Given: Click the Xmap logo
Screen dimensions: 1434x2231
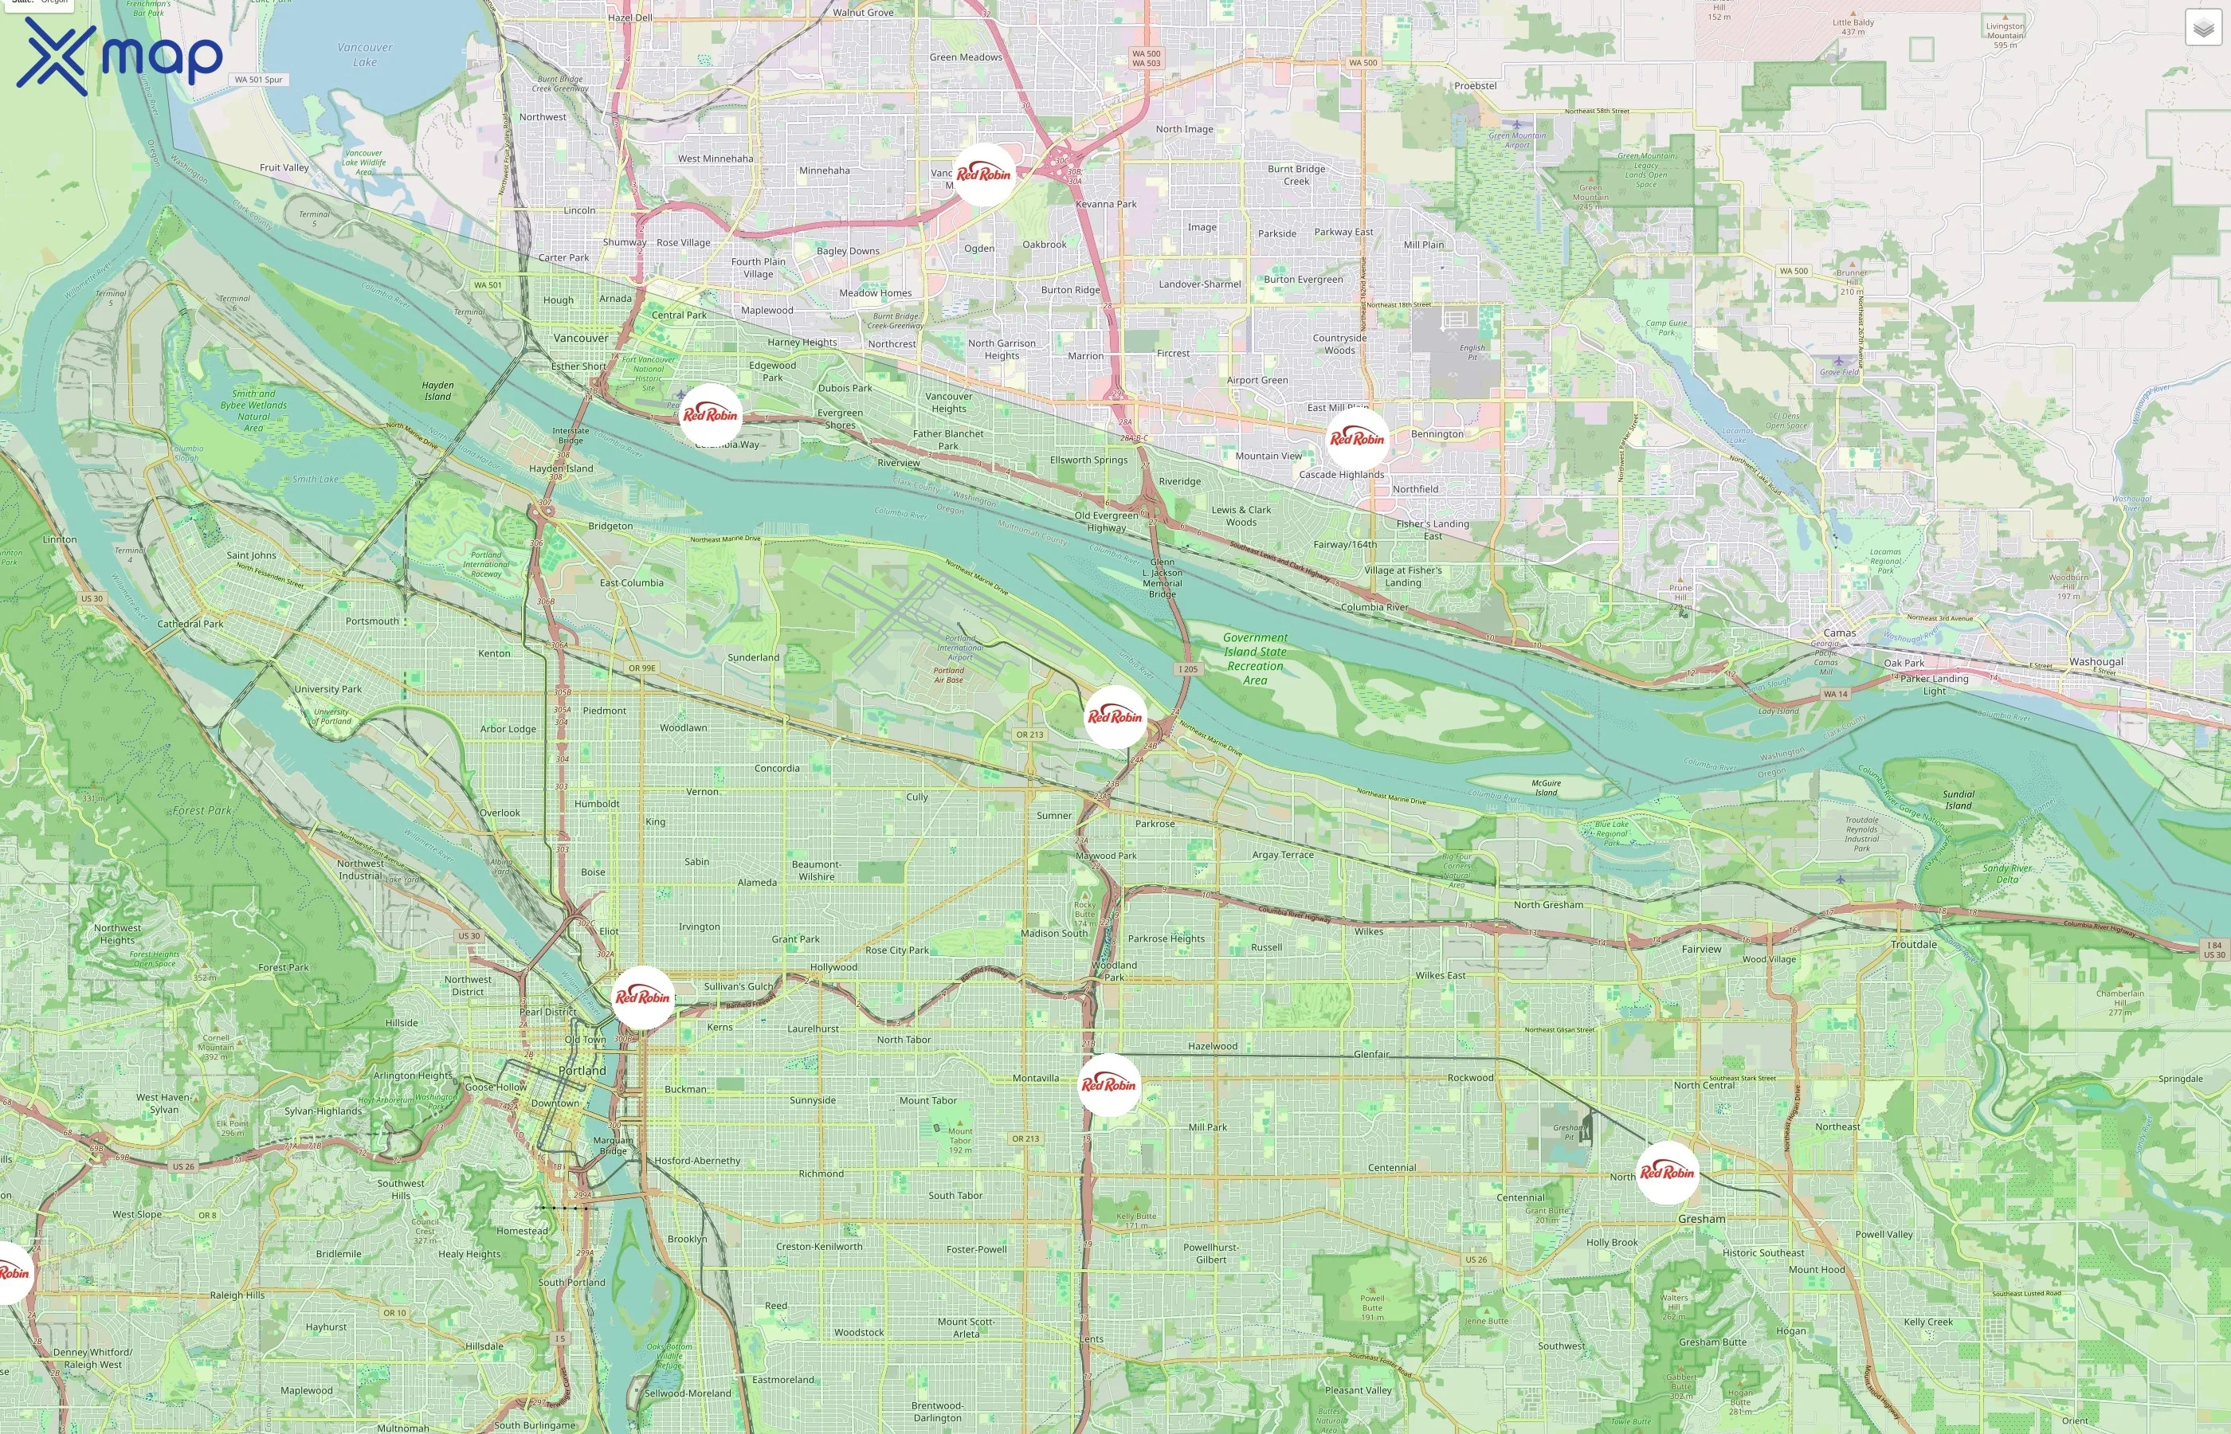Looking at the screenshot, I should (x=120, y=56).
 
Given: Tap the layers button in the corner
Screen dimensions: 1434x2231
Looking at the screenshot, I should (x=2202, y=28).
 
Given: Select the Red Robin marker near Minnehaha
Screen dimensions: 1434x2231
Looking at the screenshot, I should (x=983, y=174).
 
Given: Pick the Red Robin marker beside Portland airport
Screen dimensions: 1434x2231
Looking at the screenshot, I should (x=1115, y=716).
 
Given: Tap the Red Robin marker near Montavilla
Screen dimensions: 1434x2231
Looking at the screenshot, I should (x=1108, y=1084).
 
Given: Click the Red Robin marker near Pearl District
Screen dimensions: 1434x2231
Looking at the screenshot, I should (x=642, y=997).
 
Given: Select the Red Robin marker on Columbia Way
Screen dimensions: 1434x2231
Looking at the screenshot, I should (x=709, y=414).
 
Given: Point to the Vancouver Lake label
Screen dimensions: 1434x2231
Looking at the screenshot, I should (x=364, y=55).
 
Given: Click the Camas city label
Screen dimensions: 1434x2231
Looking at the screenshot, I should (x=1839, y=633).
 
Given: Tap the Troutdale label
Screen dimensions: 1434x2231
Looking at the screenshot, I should (x=1914, y=943).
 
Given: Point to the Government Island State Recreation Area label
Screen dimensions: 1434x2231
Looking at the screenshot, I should (x=1255, y=658).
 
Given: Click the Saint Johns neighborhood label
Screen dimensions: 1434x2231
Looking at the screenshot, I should (x=252, y=555).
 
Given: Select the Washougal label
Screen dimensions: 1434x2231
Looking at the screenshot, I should (x=2096, y=661).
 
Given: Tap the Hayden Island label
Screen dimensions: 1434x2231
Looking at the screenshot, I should (x=437, y=390).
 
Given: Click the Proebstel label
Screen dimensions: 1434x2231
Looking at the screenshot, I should (x=1475, y=86).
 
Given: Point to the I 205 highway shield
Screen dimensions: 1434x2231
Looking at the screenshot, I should (x=1187, y=668).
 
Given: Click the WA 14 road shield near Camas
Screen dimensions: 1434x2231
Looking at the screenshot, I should (x=1835, y=694).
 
